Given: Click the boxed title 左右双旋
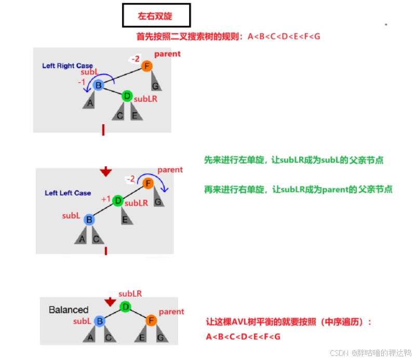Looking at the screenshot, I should pos(155,16).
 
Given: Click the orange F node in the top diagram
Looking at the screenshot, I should pos(148,66).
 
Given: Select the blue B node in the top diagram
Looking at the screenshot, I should pos(99,85).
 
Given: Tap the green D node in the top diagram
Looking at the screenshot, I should pos(127,96).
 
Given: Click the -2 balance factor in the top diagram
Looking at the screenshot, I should pos(135,59).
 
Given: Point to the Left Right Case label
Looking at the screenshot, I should pos(68,66).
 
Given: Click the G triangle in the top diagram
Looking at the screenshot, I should pos(155,84).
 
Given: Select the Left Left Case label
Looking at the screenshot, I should pos(68,193).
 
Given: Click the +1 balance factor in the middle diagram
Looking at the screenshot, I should pos(106,199).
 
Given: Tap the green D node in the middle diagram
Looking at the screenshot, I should pos(118,201).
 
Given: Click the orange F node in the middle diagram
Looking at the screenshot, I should pos(148,183).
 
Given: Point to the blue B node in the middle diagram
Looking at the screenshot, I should pos(89,220).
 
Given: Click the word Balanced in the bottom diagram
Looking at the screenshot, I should pos(69,310).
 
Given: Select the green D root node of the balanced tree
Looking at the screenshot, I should pos(125,306).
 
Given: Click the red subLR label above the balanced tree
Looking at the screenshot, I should pos(130,294).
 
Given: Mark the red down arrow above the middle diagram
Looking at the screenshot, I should pos(105,171).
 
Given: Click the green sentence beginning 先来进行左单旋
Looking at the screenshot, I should pos(294,161).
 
